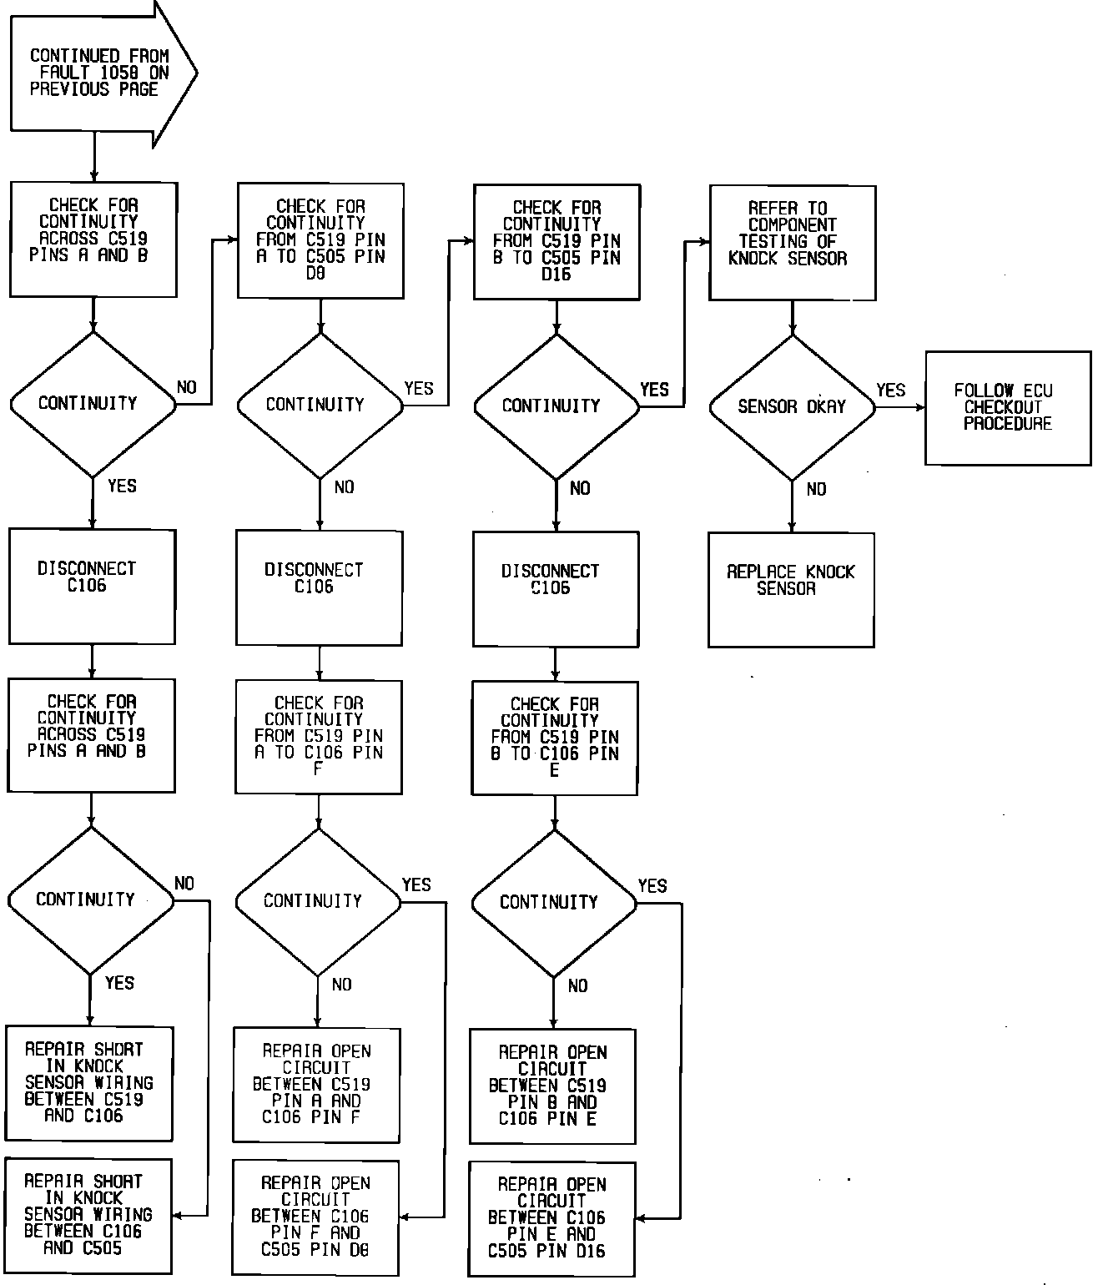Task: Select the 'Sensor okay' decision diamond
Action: click(792, 407)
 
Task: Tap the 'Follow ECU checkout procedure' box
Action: click(1008, 408)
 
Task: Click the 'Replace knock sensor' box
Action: click(791, 590)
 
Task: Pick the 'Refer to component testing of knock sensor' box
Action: click(793, 243)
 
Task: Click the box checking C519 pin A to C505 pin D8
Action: click(321, 241)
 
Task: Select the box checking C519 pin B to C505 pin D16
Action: click(557, 242)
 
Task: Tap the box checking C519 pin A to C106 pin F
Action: click(319, 737)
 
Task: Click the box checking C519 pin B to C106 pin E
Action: click(555, 738)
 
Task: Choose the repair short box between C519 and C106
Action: click(89, 1083)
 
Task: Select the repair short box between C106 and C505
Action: click(89, 1215)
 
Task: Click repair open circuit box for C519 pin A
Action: click(317, 1085)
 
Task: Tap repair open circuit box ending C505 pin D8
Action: click(315, 1217)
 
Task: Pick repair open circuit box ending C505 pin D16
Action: click(551, 1218)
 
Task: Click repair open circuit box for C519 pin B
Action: click(552, 1086)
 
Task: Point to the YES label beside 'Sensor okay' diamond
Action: click(890, 391)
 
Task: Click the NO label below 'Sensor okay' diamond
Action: click(816, 490)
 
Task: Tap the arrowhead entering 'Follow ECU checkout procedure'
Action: click(920, 408)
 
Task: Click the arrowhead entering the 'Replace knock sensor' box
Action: click(792, 527)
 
